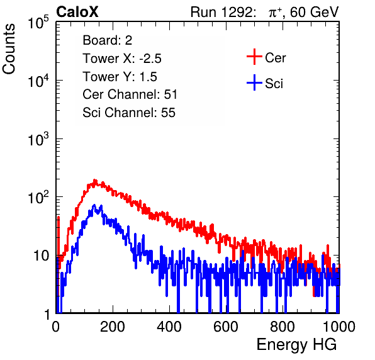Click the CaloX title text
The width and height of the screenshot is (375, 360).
point(77,12)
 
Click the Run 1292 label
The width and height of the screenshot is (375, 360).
point(221,12)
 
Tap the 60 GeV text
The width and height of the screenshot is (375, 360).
point(315,12)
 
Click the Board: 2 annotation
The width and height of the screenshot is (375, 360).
point(108,40)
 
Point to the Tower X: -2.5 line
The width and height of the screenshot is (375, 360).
point(122,59)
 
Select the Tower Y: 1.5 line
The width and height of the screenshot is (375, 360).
point(120,77)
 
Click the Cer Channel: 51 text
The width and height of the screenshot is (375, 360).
point(130,94)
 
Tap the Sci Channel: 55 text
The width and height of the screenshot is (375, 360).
point(129,113)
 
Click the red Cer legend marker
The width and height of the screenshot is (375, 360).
point(254,57)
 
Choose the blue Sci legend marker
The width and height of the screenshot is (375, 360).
point(254,83)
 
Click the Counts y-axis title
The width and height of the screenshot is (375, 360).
point(9,49)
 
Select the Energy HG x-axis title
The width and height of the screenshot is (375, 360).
point(296,345)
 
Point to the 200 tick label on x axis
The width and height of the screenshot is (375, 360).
point(113,327)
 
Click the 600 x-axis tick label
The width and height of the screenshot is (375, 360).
point(226,327)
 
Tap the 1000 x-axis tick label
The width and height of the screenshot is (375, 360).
point(339,327)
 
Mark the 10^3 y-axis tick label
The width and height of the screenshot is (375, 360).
point(38,138)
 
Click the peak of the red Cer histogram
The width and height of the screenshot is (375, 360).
point(95,180)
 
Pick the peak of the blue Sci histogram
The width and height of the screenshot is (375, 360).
point(94,205)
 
